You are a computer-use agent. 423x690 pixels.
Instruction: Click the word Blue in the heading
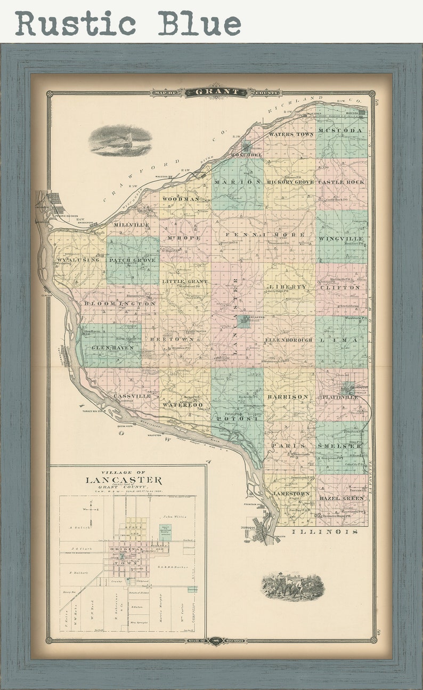[200, 23]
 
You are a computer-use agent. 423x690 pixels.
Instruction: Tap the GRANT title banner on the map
[216, 92]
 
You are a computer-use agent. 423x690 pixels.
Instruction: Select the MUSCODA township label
[341, 131]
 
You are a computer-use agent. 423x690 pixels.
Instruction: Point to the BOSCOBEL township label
[247, 155]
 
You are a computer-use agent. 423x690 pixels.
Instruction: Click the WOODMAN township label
[181, 199]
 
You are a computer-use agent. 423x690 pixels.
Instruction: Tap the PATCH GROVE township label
[133, 260]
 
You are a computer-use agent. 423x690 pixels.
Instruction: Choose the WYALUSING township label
[78, 260]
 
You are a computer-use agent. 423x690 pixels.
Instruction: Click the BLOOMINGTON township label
[119, 303]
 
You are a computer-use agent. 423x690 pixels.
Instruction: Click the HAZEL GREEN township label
[341, 498]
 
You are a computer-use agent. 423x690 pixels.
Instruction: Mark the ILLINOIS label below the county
[325, 532]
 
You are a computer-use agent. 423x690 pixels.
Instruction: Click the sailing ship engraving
[120, 140]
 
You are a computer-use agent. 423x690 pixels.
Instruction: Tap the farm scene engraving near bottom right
[292, 586]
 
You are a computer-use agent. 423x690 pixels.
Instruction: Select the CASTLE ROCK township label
[341, 182]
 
